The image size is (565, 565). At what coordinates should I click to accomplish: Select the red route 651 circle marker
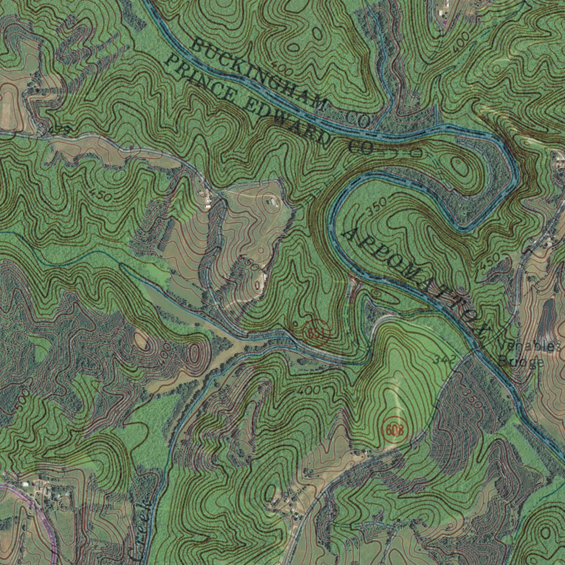pos(316,333)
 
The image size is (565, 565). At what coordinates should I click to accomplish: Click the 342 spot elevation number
pos(445,360)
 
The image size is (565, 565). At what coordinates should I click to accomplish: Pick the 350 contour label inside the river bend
pos(377,207)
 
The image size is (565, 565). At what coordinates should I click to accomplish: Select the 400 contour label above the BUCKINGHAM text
pos(282,70)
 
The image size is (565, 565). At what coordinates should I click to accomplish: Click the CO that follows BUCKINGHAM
pos(359,118)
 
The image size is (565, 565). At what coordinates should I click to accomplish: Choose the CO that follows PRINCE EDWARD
pos(361,147)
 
